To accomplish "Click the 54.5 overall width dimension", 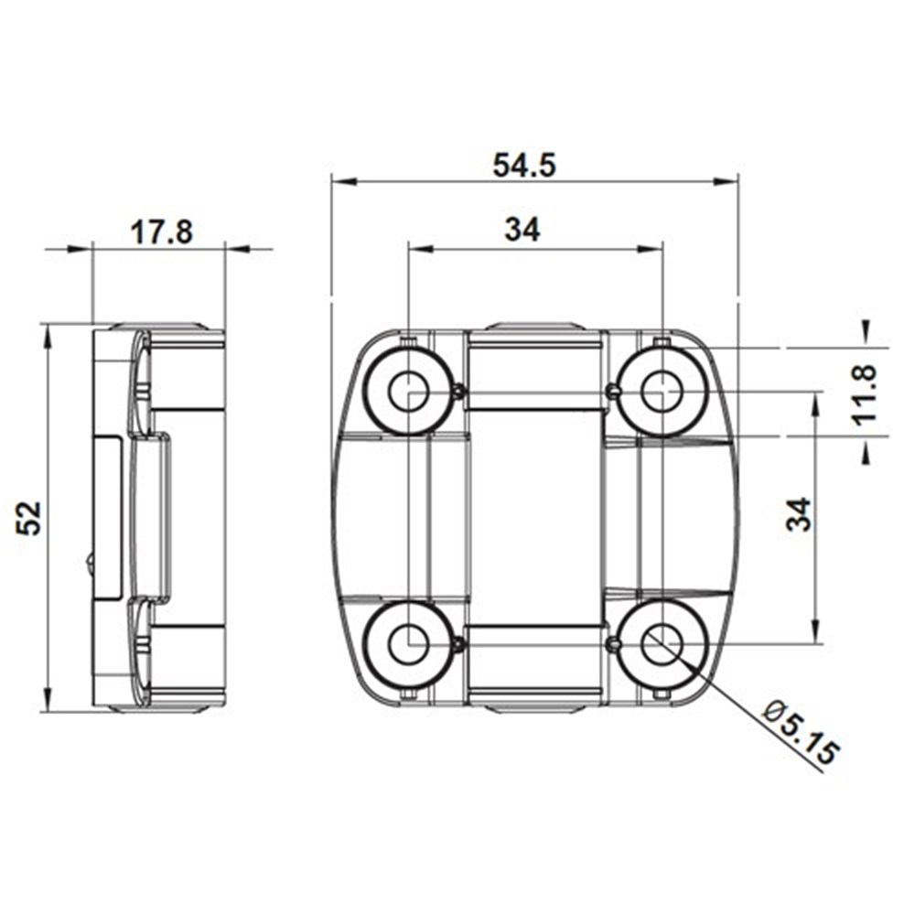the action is coord(524,165).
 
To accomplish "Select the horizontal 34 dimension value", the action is coord(522,230).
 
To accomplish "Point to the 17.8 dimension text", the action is coord(161,231).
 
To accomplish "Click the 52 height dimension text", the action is coord(29,518).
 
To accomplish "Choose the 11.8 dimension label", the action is coord(865,393).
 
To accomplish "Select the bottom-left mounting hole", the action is coord(408,643).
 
